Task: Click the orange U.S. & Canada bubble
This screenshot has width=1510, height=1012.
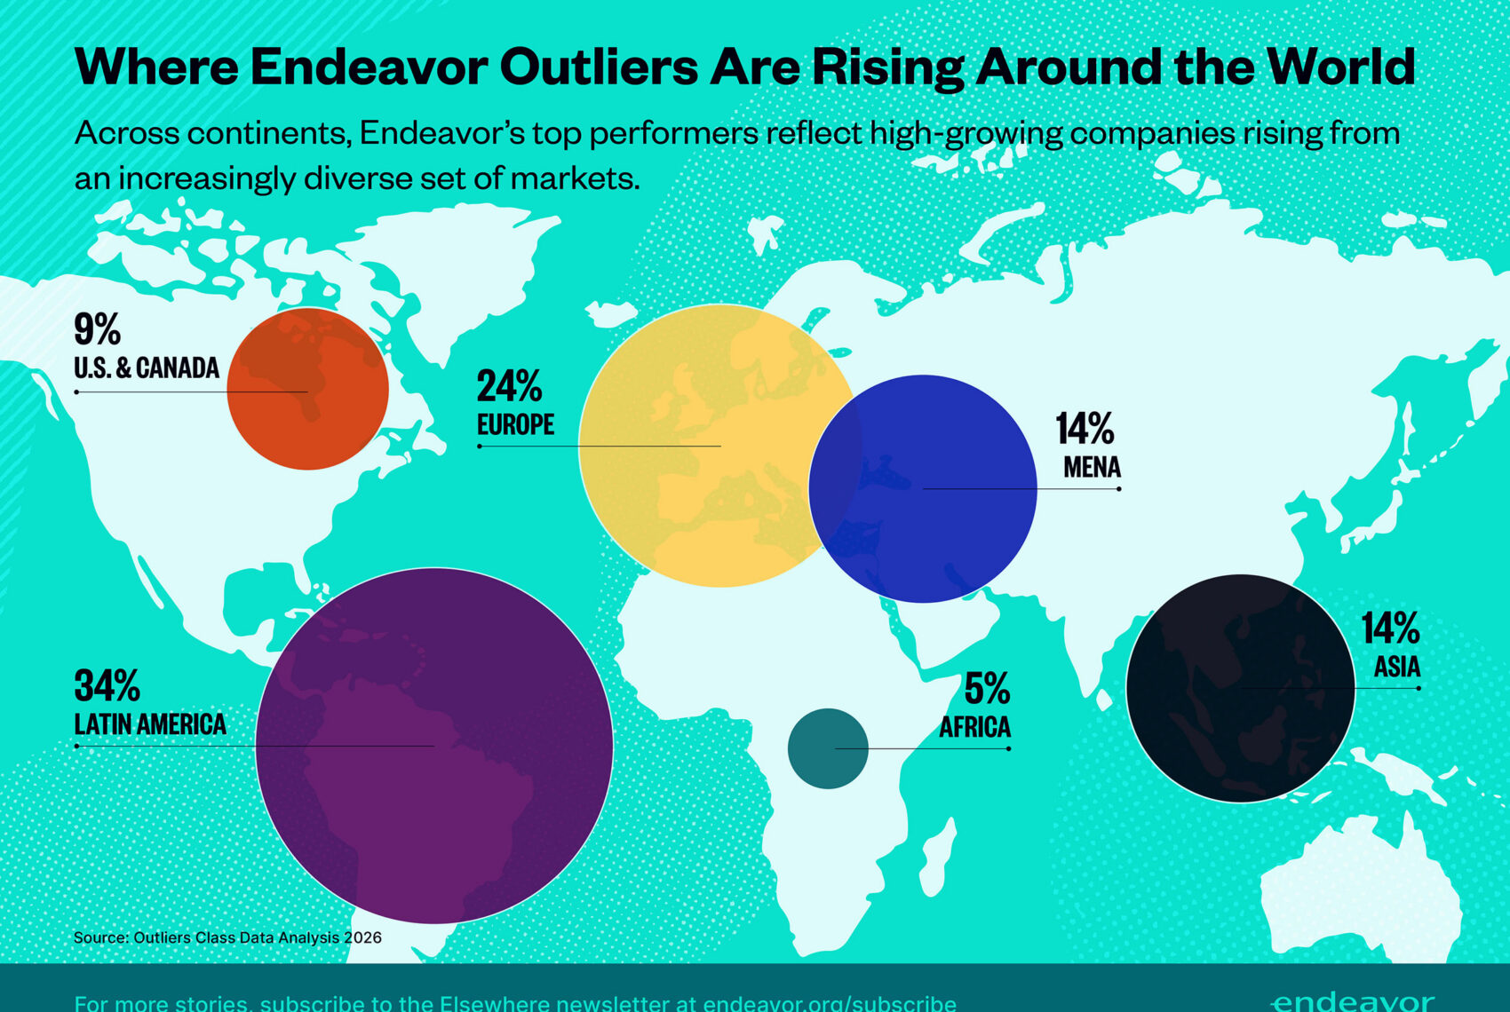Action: point(307,389)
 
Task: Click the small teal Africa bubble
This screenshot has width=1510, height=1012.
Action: point(828,748)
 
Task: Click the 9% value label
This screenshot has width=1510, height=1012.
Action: point(97,329)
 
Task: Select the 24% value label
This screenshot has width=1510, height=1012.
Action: point(509,386)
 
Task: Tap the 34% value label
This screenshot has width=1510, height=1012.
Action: point(107,685)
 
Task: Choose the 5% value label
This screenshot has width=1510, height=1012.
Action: point(987,688)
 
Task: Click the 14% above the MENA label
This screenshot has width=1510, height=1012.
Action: point(1085,429)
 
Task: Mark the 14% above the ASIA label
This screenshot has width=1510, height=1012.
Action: point(1390,629)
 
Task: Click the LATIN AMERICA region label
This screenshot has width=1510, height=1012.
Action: point(150,724)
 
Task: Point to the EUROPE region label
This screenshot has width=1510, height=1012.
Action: point(515,424)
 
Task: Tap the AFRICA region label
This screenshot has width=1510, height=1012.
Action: point(974,727)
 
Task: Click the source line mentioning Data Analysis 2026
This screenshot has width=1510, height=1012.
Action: point(227,937)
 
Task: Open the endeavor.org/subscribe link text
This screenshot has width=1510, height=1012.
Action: point(830,1003)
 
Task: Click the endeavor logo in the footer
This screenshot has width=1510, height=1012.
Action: point(1352,1001)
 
